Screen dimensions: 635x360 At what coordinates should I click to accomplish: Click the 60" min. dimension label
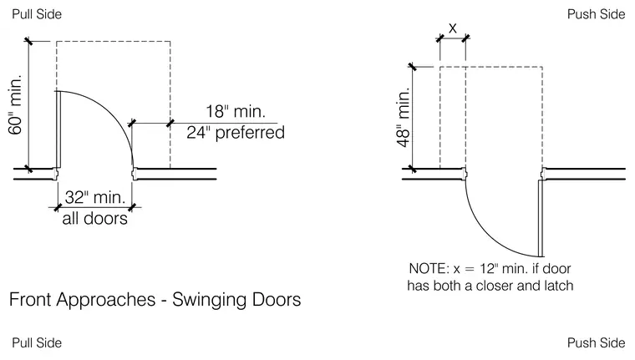point(14,105)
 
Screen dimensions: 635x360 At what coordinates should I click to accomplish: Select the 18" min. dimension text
point(236,111)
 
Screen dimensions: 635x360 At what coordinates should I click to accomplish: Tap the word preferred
point(250,133)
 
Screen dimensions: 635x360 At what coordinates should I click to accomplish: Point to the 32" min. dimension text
point(95,197)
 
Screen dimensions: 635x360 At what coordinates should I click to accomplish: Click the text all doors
point(94,218)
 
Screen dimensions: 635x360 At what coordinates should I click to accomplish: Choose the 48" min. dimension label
point(404,118)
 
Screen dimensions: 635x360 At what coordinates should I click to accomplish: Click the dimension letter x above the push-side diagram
point(453,28)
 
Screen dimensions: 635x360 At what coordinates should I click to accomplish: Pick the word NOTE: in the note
point(429,268)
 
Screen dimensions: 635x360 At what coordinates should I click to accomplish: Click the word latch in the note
point(559,286)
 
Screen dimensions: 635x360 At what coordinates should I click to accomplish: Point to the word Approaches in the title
point(106,301)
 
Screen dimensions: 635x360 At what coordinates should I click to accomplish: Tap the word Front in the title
point(30,300)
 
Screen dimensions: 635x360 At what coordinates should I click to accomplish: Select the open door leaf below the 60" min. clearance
point(58,129)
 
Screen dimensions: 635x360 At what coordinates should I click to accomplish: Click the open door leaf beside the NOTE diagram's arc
point(541,218)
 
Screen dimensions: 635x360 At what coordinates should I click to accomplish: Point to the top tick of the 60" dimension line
point(28,41)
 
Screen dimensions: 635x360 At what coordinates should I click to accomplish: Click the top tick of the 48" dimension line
point(412,67)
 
